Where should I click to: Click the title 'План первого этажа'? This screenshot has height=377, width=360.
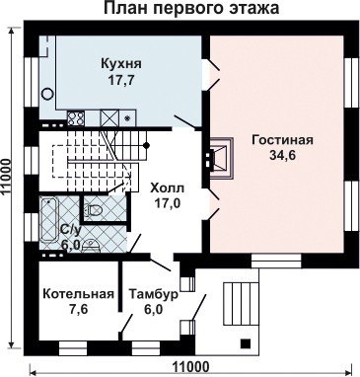click(191, 8)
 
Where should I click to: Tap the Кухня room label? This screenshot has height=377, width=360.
click(121, 63)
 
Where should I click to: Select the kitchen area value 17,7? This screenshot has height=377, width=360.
click(121, 80)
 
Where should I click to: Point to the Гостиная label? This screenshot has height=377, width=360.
click(282, 140)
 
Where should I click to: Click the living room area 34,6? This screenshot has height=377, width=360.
click(283, 156)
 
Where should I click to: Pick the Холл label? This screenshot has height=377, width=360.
click(167, 188)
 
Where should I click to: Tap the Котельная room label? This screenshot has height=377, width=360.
click(79, 294)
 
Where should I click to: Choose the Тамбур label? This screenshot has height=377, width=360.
click(154, 294)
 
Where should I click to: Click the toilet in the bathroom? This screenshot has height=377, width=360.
click(94, 209)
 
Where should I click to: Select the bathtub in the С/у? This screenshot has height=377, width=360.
click(49, 220)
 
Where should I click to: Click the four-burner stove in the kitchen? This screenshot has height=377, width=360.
click(76, 117)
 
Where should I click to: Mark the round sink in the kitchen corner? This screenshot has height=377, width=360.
click(48, 94)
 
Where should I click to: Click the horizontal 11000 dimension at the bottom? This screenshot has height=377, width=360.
click(190, 367)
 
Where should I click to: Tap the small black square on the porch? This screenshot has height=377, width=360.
click(245, 342)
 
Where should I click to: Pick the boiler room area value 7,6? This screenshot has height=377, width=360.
click(79, 310)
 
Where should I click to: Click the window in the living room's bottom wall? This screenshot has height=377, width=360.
click(276, 262)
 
